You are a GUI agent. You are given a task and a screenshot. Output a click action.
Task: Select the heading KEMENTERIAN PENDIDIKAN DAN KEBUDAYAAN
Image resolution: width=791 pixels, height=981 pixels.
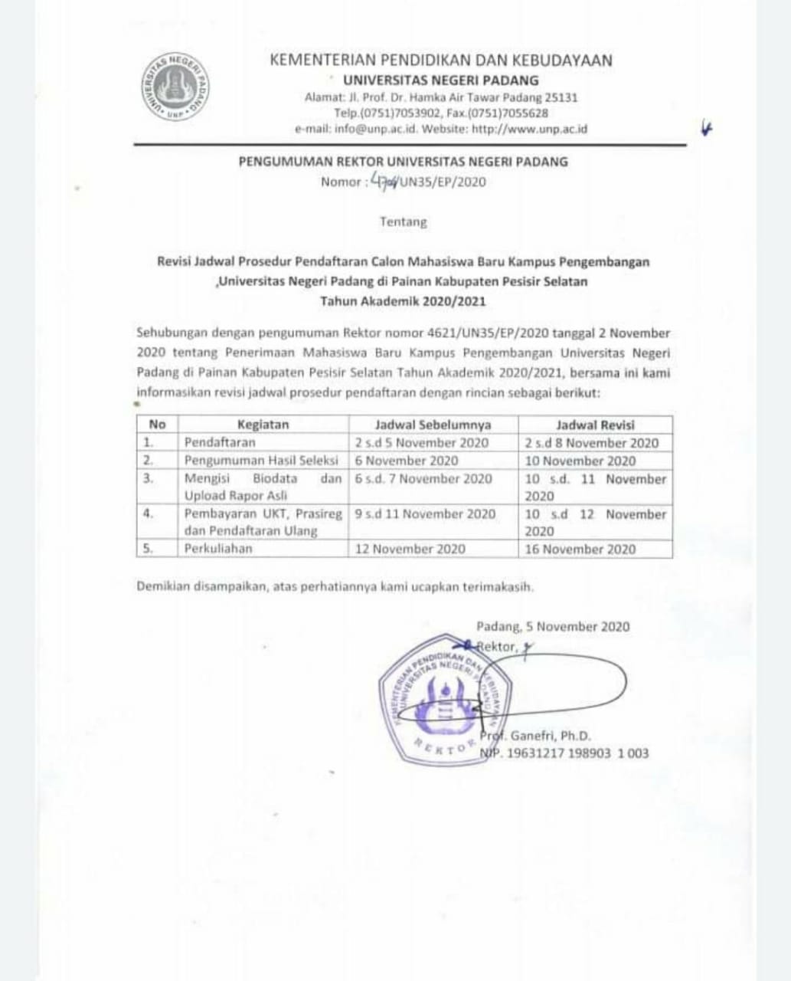pos(441,61)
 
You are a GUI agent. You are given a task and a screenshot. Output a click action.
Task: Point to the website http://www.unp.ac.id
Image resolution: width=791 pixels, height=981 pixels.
pos(529,130)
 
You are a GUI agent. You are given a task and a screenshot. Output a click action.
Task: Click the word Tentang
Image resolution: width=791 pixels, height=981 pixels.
pos(404,222)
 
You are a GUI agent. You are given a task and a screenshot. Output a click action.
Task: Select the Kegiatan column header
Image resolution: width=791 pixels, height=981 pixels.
pos(263,425)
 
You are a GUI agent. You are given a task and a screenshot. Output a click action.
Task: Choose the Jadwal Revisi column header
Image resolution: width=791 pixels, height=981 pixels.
pos(595,425)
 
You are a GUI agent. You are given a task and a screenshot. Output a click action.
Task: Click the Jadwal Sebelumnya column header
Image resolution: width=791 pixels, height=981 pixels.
pos(433,425)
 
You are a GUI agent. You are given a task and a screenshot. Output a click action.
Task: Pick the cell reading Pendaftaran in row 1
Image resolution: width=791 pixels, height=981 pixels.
pos(221,442)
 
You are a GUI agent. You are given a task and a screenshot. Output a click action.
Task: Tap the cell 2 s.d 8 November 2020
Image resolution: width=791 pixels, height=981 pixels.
pos(592,443)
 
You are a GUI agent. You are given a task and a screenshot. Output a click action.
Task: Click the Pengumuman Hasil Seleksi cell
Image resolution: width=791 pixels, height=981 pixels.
pos(261,461)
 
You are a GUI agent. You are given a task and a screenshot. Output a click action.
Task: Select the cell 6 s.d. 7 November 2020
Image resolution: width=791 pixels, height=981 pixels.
pos(423,479)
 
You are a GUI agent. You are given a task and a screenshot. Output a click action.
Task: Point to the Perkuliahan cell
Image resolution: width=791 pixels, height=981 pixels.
pos(218,549)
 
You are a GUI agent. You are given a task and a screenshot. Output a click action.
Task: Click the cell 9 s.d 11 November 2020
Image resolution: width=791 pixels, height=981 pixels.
pos(425,514)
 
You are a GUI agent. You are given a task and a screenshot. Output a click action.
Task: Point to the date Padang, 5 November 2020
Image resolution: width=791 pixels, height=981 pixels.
pos(553,627)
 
